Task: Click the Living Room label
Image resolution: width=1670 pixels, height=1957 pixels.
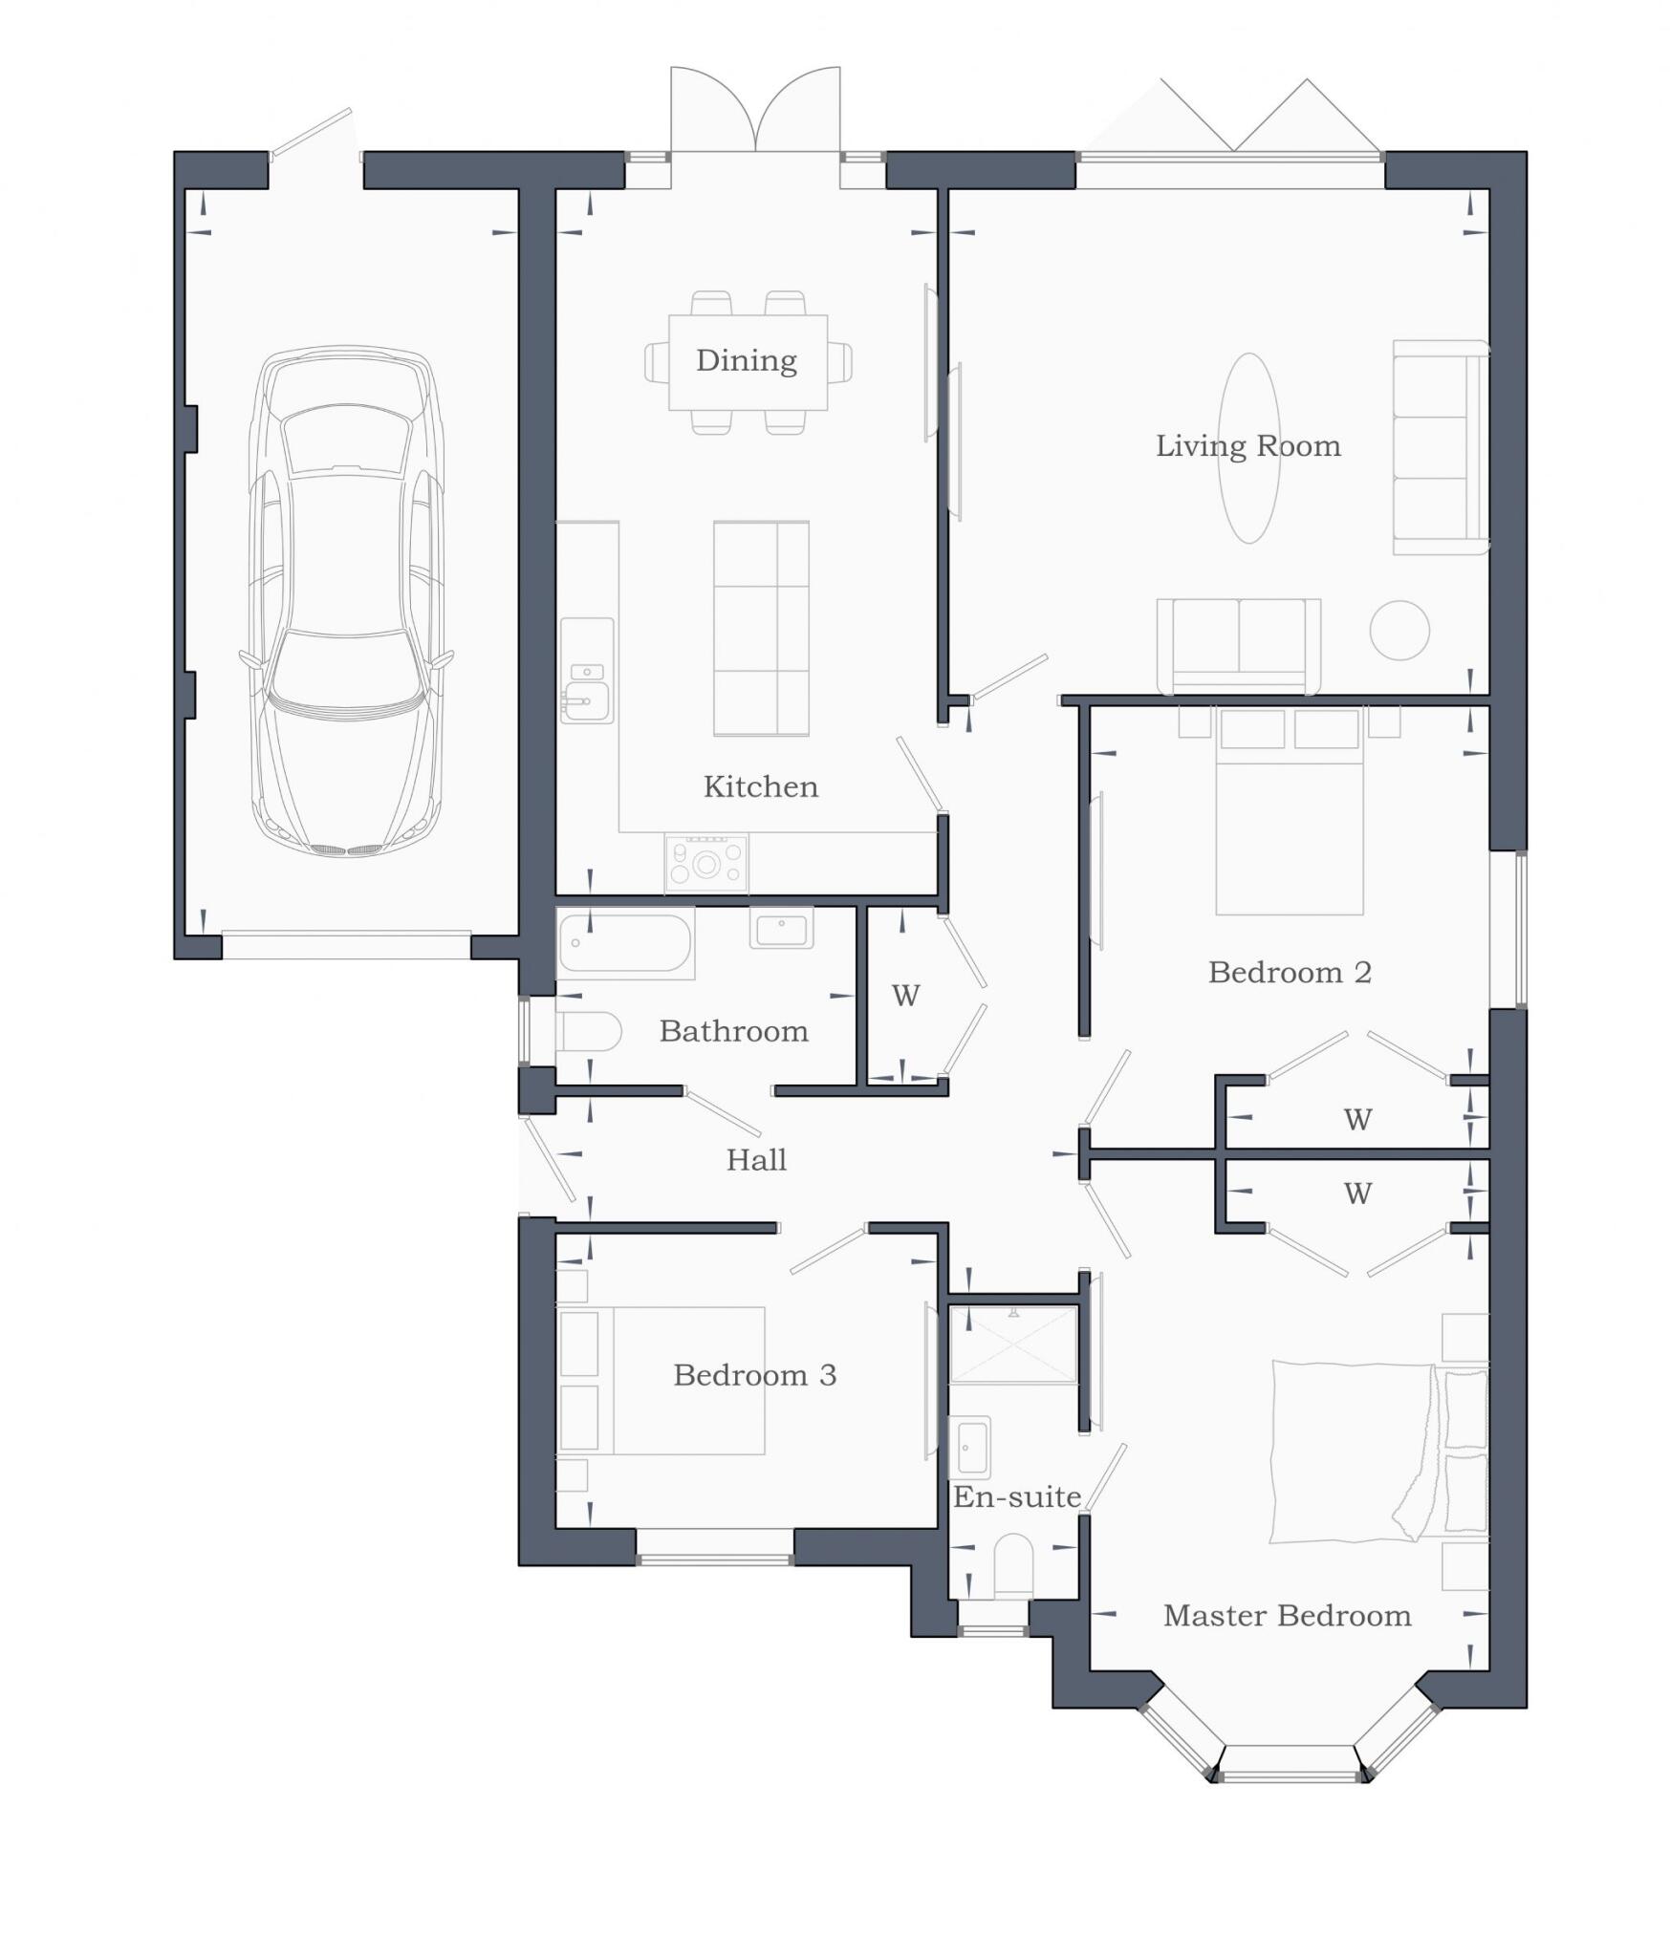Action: (1247, 446)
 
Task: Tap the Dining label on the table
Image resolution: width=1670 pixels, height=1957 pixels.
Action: (746, 361)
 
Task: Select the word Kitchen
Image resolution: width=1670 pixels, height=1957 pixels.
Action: (760, 786)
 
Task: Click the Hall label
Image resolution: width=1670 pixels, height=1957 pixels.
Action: (756, 1160)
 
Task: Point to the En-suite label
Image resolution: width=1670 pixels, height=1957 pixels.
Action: (1016, 1496)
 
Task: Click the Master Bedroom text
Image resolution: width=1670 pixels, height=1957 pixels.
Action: (1287, 1616)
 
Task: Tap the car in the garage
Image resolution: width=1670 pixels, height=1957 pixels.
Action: (346, 602)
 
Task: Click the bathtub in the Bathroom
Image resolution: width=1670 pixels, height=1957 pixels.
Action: (625, 943)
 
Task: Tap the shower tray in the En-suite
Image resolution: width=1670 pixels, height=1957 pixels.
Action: (1012, 1344)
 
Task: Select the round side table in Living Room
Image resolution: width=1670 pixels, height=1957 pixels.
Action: (1399, 630)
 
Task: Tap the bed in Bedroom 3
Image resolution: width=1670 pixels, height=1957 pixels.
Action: (688, 1380)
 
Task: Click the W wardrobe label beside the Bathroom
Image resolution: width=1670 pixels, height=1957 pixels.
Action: (905, 996)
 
